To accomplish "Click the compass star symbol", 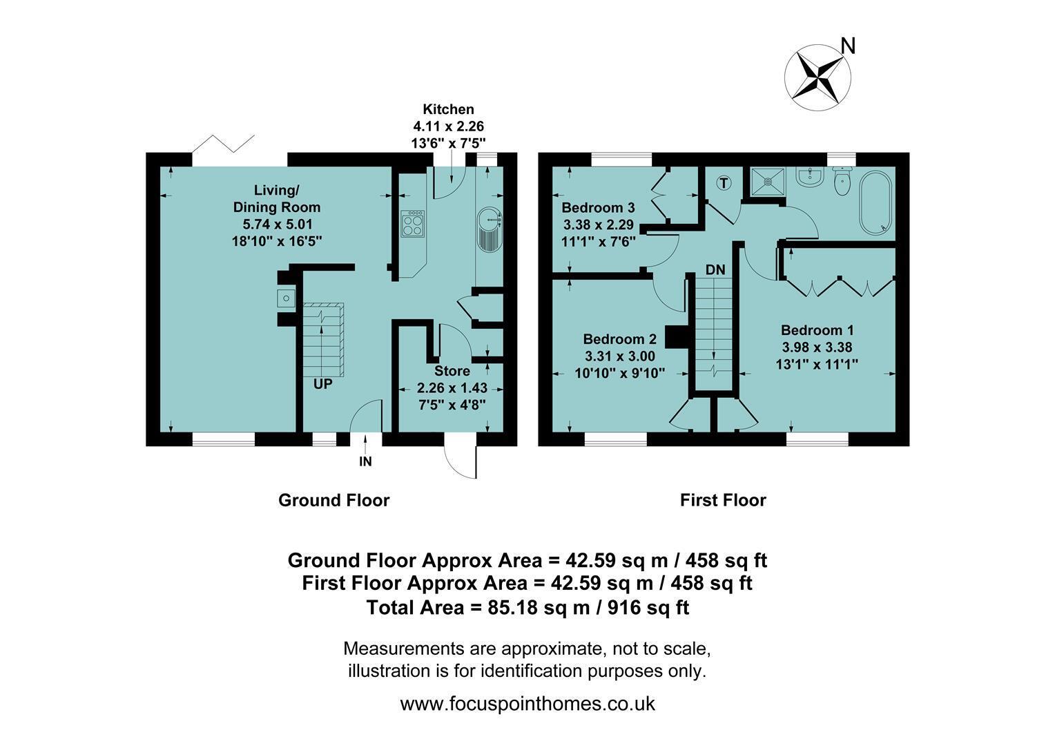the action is (x=817, y=78).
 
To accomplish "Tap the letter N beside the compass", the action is (x=849, y=46).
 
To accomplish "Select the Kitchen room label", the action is (x=448, y=109).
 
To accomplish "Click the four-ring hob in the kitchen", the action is (x=413, y=223).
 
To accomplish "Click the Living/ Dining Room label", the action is (x=277, y=198).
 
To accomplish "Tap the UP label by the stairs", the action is (x=323, y=384).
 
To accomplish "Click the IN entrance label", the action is (x=365, y=461).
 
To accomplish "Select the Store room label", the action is (x=452, y=371).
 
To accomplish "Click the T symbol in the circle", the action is (x=724, y=183).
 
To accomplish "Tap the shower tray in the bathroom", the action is (x=768, y=182).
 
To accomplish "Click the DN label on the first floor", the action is (x=715, y=270).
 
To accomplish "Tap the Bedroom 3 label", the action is (x=598, y=207).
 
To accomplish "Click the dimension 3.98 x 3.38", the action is (x=817, y=347).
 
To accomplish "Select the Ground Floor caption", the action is (x=334, y=500).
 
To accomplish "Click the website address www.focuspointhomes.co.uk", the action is (x=527, y=704).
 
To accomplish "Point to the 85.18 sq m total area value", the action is (x=539, y=607).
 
